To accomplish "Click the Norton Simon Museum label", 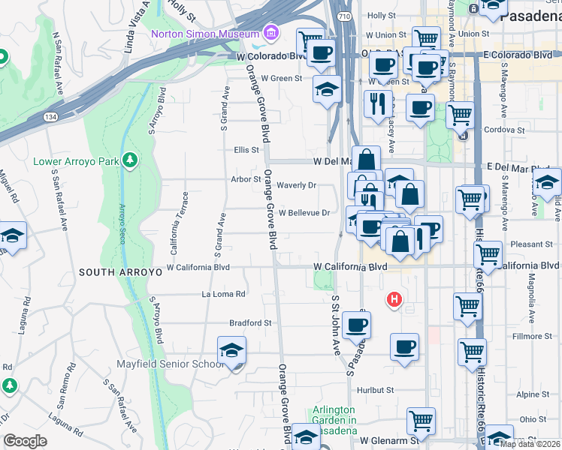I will click(x=204, y=34).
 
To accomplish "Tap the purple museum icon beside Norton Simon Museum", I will click(x=270, y=34).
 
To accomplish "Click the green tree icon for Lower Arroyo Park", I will click(x=131, y=160).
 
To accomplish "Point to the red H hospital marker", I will click(x=393, y=301).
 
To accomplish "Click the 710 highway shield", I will click(x=344, y=16).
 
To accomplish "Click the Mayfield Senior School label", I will click(x=170, y=364).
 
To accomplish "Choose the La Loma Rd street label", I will click(x=223, y=294).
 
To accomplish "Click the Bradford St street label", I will click(x=251, y=322).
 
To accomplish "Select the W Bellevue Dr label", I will click(x=304, y=212).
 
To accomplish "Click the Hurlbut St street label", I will click(x=376, y=390).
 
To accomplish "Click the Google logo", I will click(x=25, y=441).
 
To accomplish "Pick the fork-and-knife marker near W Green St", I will click(x=377, y=102).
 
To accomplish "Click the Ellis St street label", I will click(x=246, y=149).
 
